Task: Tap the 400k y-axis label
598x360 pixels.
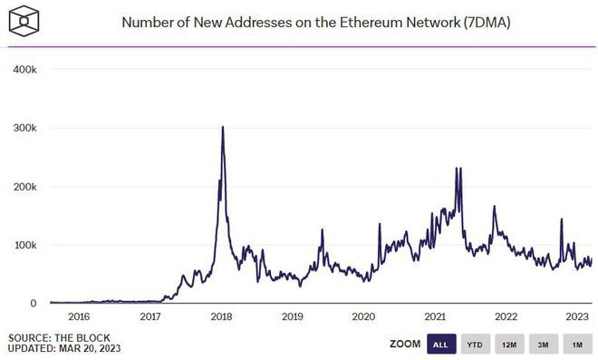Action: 24,69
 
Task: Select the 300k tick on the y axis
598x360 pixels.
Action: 24,128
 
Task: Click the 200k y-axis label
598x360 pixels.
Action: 24,187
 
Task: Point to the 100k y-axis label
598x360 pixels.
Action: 24,245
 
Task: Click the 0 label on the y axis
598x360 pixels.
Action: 32,303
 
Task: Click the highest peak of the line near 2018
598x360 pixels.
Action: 223,127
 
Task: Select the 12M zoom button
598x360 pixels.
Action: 508,345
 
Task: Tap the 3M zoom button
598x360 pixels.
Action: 543,345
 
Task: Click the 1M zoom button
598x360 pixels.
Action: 576,345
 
